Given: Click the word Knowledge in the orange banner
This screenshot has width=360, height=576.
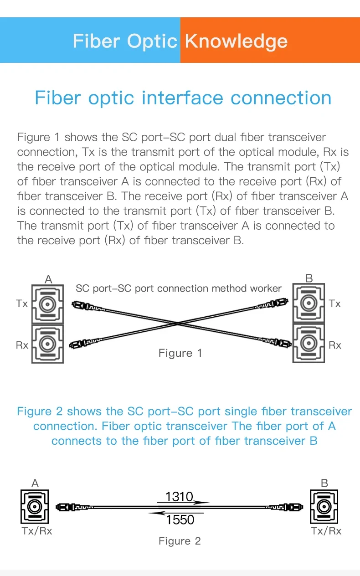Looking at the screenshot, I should [x=236, y=41].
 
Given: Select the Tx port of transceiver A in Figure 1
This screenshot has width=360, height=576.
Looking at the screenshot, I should [x=47, y=303].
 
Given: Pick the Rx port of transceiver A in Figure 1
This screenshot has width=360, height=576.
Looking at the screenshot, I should [x=47, y=344].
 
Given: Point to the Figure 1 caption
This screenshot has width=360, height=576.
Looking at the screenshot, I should [x=180, y=353].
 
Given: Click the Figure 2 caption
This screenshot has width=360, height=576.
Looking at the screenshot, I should [x=180, y=541].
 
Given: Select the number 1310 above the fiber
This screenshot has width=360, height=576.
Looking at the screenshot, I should [x=179, y=496].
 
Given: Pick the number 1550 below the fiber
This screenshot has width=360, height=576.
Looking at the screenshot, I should [x=180, y=519].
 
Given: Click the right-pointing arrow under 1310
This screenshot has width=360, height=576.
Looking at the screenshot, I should [x=182, y=503].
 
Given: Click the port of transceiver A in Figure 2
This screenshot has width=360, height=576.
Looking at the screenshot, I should [x=35, y=506].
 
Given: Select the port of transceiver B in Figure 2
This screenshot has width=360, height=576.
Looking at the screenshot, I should [x=324, y=506].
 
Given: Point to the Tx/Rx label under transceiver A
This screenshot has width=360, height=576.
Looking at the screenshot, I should [x=36, y=531].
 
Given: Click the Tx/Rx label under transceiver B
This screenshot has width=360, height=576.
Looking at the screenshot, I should [x=326, y=531].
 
